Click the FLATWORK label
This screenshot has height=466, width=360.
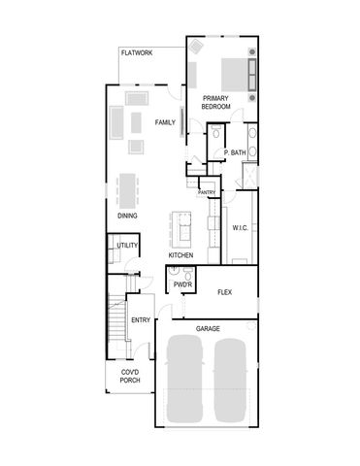137,53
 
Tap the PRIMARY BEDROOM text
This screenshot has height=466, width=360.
216,102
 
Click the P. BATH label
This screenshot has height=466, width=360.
235,153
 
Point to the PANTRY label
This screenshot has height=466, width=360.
207,192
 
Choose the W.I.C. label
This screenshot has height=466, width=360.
241,228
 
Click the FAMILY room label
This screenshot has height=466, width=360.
165,122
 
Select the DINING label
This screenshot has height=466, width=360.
127,216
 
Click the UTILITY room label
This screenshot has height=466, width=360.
127,246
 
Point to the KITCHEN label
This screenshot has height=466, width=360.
180,255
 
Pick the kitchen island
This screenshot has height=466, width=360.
180,227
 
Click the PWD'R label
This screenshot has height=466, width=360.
181,286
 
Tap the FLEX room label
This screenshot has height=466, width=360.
224,291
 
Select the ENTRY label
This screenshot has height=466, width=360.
141,320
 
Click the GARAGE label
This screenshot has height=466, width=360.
208,329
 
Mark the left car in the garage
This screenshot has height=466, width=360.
184,380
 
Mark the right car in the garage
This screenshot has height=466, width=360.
232,380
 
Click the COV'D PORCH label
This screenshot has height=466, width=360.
130,377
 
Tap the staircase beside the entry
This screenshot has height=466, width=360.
117,321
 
